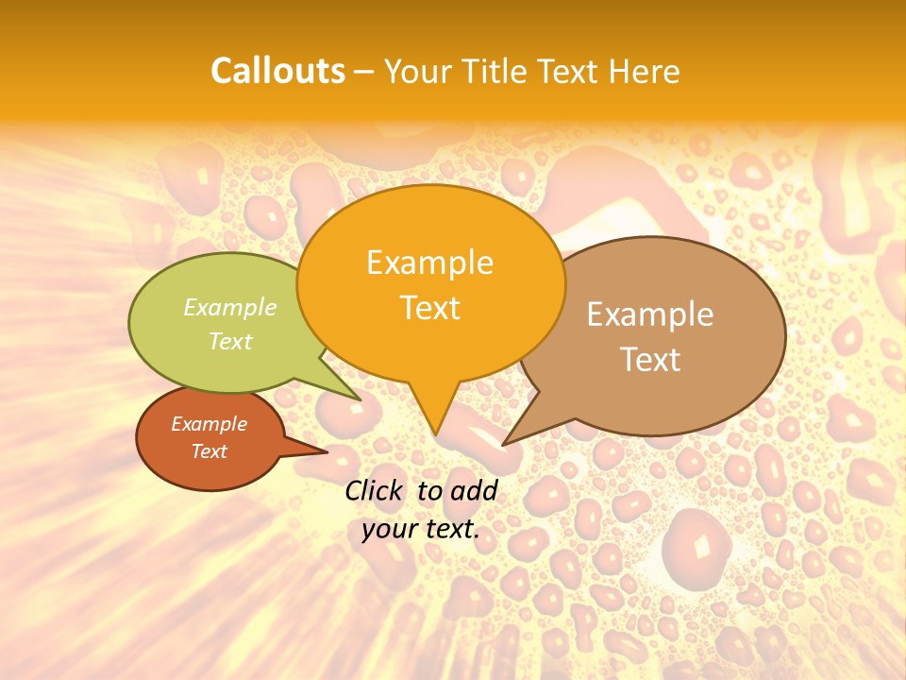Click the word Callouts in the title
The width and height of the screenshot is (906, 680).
point(277,71)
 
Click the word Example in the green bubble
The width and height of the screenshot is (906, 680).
point(230,307)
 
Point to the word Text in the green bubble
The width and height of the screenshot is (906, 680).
point(230,341)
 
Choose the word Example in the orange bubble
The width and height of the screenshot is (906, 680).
point(429,263)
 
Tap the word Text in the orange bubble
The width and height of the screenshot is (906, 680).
point(430,308)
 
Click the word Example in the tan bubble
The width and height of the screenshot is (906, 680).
point(649,314)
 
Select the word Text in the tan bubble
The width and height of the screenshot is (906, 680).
point(649,360)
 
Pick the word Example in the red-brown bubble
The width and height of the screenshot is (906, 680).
point(210,424)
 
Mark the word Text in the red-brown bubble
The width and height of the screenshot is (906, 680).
point(210,451)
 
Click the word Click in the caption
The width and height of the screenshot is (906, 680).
point(375,490)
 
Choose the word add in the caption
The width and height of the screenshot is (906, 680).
point(474,490)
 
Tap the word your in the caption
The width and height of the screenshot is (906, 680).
point(389,529)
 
